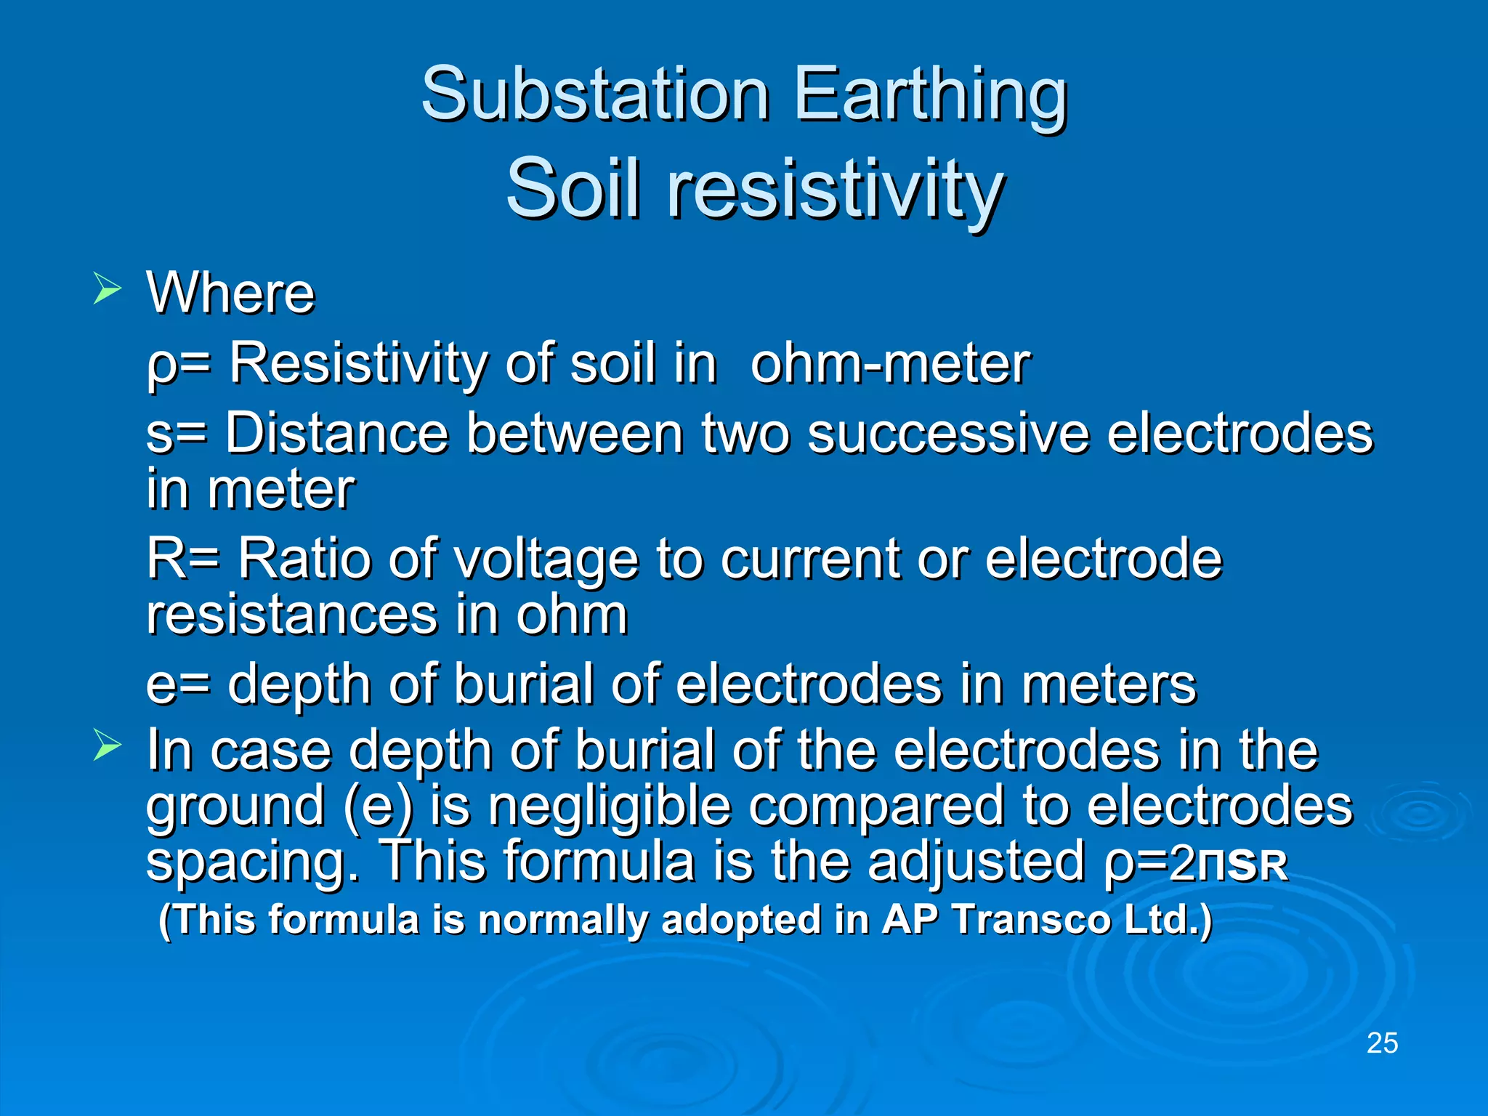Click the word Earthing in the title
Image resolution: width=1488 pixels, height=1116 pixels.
[930, 94]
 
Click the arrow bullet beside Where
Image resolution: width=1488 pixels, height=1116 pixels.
[107, 289]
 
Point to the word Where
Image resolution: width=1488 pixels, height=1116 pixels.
[231, 293]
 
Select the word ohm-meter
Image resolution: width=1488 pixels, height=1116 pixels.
[890, 363]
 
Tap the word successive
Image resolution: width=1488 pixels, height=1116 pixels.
[948, 433]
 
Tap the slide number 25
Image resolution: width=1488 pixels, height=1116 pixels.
[1382, 1043]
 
